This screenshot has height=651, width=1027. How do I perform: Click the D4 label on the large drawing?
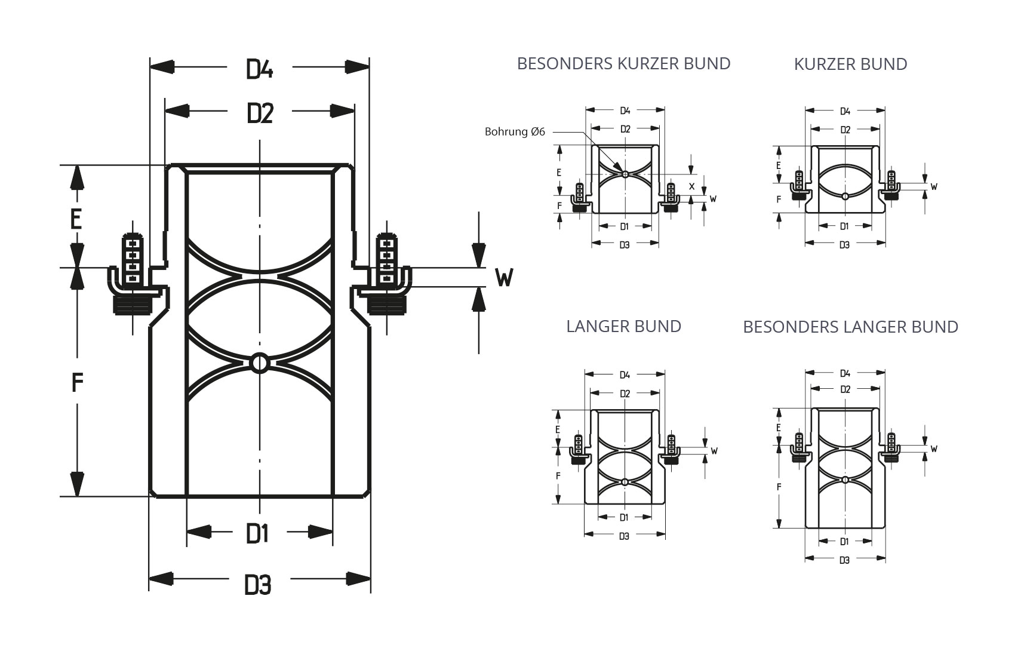259,69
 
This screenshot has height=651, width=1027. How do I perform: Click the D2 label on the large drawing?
259,113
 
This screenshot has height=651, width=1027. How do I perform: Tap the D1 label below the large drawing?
257,533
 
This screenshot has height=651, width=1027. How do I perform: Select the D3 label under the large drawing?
257,585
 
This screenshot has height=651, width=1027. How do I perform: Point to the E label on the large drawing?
76,219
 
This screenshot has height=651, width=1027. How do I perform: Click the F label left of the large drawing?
76,382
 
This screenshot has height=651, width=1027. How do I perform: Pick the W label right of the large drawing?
504,277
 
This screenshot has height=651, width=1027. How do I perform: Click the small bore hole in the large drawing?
260,363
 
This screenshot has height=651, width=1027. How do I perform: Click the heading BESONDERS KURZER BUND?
623,63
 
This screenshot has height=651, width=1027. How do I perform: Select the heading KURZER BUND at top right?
850,64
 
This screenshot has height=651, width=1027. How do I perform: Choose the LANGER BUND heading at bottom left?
623,326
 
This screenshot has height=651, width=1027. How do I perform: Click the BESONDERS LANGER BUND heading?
850,327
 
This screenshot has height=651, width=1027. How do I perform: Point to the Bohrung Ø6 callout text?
515,132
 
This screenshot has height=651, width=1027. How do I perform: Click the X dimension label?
692,186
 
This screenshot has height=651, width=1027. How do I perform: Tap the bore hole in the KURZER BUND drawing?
845,196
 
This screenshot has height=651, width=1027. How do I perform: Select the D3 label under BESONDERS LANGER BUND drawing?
844,560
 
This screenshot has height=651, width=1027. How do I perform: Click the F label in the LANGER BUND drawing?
558,476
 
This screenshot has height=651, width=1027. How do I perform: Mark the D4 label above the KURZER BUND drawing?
845,111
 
